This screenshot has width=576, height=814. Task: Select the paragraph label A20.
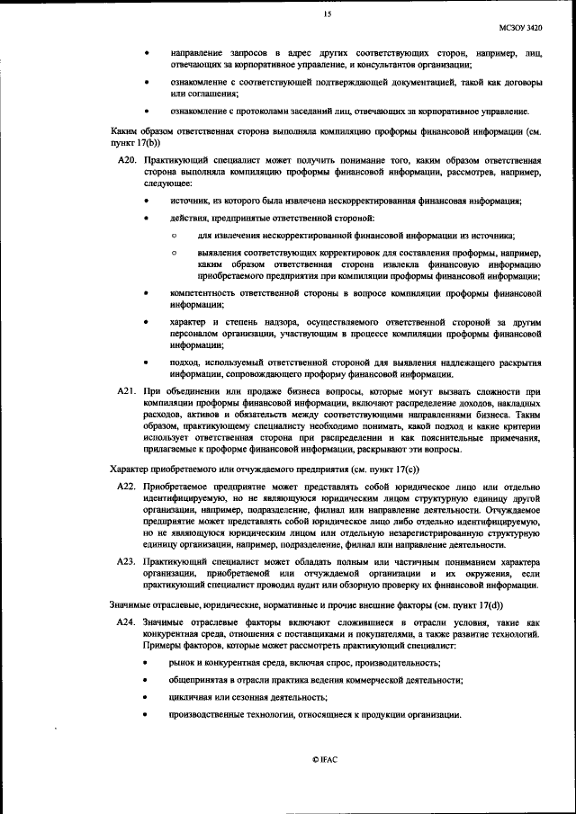coord(127,160)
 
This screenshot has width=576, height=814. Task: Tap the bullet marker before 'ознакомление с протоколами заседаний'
coord(147,112)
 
